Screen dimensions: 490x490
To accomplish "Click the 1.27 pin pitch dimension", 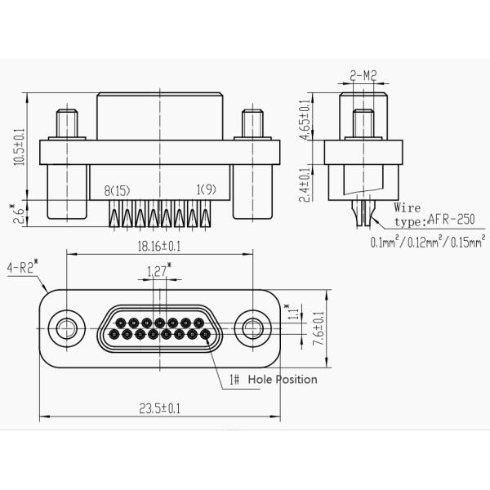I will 158,271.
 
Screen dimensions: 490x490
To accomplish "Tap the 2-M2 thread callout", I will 363,75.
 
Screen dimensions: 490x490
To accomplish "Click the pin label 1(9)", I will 205,190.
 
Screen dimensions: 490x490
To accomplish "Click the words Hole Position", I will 282,380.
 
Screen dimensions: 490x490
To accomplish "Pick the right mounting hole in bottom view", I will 250,329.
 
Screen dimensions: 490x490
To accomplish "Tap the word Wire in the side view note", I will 407,207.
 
